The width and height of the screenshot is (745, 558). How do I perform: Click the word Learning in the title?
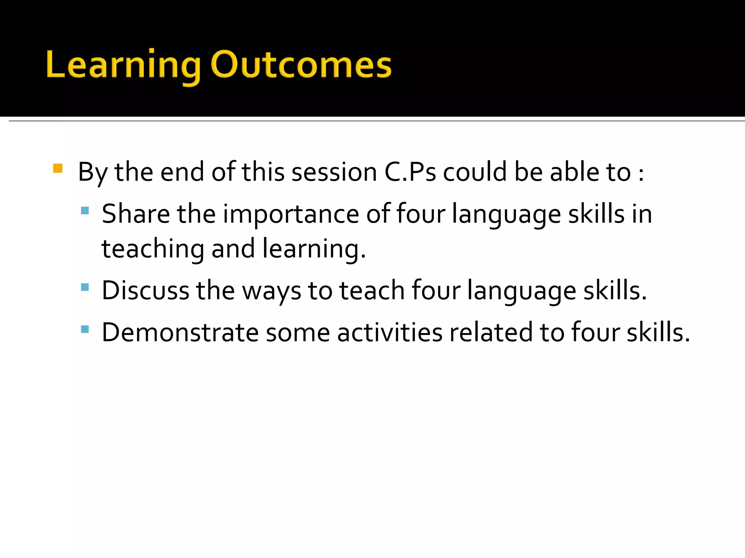coord(123,65)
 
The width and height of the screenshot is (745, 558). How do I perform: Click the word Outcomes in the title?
coord(301,65)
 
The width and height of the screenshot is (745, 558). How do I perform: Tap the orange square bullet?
coord(58,168)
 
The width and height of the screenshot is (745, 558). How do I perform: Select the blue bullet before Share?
coord(85,210)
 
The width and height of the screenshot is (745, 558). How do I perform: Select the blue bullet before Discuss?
coord(85,287)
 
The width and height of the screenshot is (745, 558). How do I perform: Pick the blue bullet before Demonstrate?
coord(85,329)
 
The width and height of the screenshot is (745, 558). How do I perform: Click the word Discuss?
coord(146,291)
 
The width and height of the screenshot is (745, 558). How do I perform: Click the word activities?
coord(390,332)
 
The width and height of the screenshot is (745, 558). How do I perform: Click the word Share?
coord(136,214)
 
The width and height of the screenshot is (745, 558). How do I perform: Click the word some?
coord(298,333)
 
